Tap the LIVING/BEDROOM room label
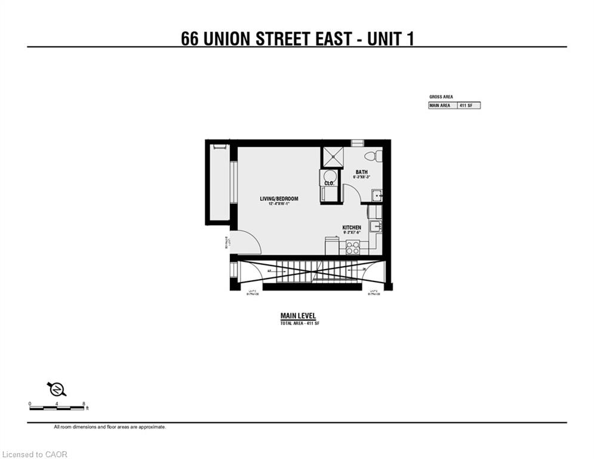(279, 198)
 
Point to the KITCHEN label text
(352, 228)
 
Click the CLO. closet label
(328, 183)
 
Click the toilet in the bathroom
(371, 156)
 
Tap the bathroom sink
(376, 195)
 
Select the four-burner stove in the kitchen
(353, 247)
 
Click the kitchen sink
(376, 227)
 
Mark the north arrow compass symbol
(57, 389)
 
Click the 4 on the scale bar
(57, 404)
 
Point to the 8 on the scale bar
(84, 404)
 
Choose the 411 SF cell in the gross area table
(468, 105)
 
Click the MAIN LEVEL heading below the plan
(298, 316)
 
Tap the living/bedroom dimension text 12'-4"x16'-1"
(279, 204)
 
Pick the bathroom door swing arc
(352, 194)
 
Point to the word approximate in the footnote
(153, 427)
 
